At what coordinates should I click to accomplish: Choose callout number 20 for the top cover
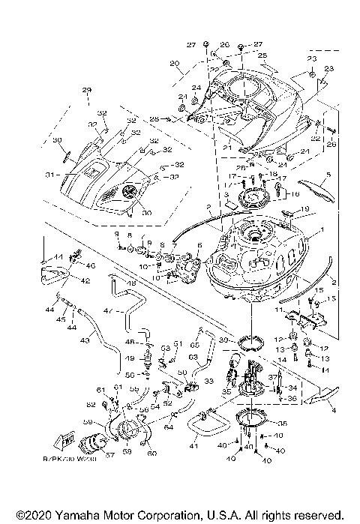[174, 63]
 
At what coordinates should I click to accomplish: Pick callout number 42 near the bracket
[85, 281]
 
